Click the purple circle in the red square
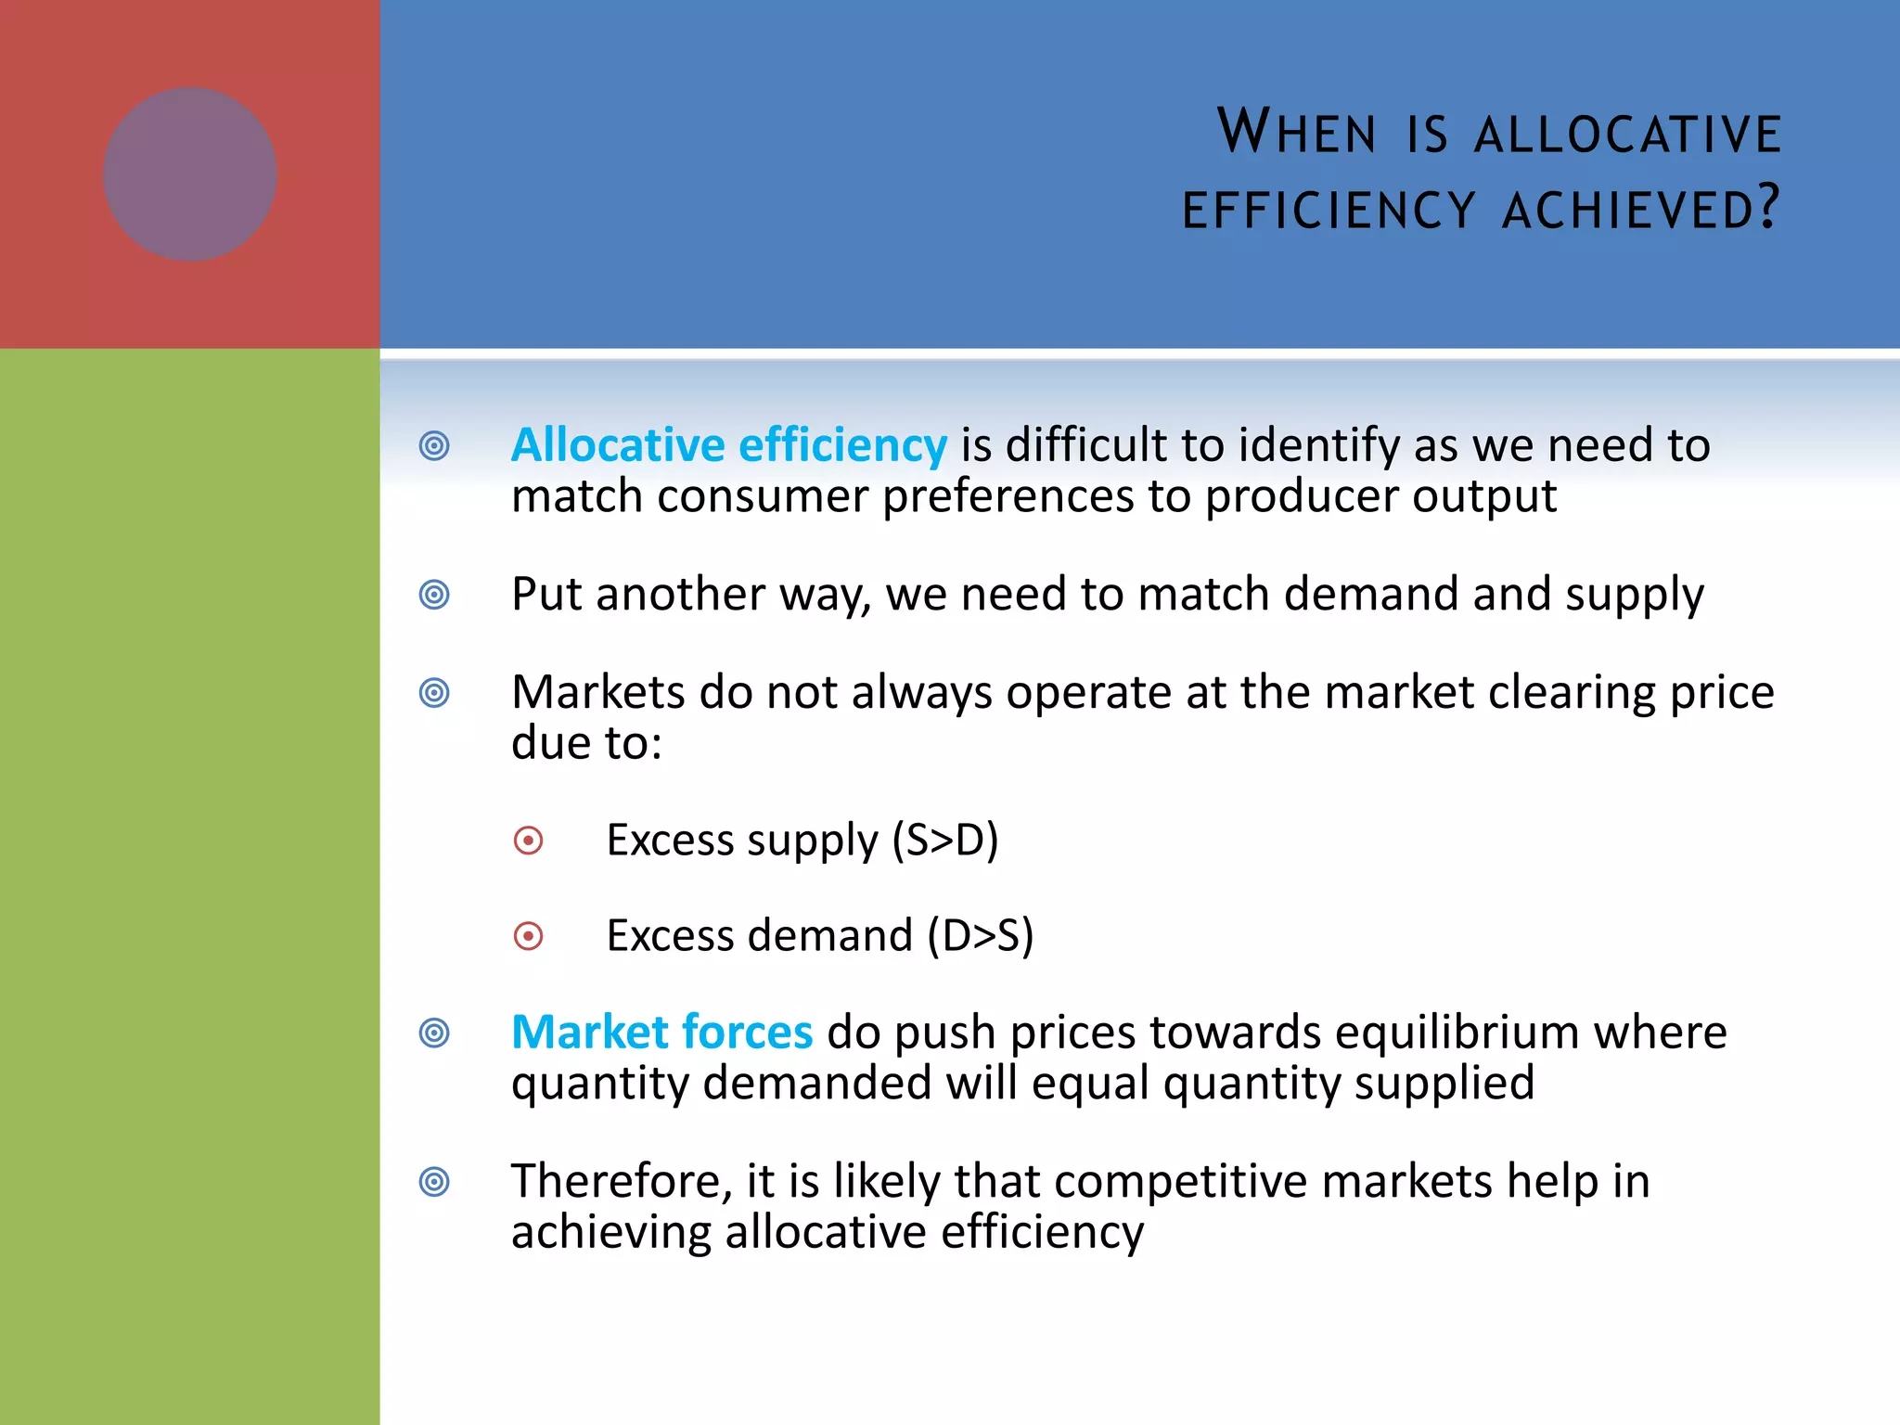189,174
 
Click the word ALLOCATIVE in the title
1627,134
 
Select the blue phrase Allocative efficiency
729,445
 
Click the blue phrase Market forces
661,1033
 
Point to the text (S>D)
944,841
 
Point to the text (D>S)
980,935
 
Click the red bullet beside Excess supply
528,841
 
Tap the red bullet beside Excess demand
528,936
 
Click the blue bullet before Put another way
434,595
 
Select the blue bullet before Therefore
434,1182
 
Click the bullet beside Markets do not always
434,693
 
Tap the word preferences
1008,496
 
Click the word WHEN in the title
1296,132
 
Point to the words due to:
586,743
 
